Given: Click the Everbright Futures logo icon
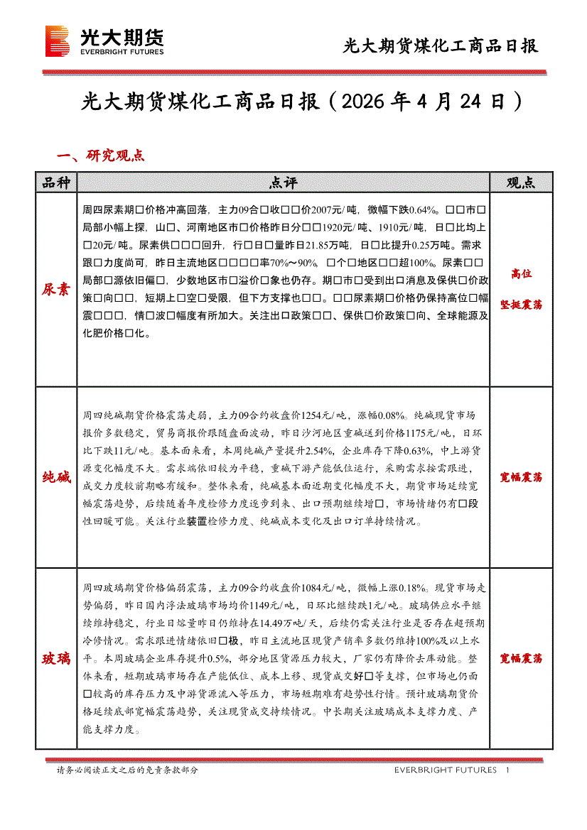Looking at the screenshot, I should [x=57, y=41].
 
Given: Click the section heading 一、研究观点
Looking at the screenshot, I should [x=100, y=155].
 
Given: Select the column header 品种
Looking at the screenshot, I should [x=56, y=182].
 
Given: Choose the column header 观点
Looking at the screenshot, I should [x=520, y=182].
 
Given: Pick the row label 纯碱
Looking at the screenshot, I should [x=56, y=477].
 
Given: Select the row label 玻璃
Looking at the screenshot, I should [x=56, y=658].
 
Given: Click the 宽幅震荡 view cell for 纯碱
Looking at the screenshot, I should [x=520, y=477].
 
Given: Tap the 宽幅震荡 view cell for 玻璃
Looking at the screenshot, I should [x=520, y=658].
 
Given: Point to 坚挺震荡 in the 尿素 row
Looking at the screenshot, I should [x=520, y=305].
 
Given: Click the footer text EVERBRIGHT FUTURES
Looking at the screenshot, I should [x=446, y=770].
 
